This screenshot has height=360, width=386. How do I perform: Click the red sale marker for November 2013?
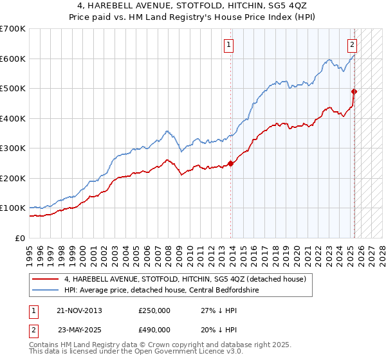(x=231, y=163)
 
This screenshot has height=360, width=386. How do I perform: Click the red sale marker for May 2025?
(x=354, y=92)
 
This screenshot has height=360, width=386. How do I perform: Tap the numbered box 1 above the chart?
(x=229, y=45)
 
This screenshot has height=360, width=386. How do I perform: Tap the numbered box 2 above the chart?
(x=353, y=45)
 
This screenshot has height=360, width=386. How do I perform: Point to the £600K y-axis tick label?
(x=13, y=59)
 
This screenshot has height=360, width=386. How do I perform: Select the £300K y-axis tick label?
(x=13, y=148)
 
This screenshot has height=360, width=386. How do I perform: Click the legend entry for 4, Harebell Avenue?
(x=188, y=279)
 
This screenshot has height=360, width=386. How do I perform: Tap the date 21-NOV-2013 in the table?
(x=79, y=310)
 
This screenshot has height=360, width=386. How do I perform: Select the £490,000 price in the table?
(x=154, y=329)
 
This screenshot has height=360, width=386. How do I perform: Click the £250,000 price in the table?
(x=154, y=310)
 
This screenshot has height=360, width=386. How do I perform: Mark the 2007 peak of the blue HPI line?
(x=166, y=131)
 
